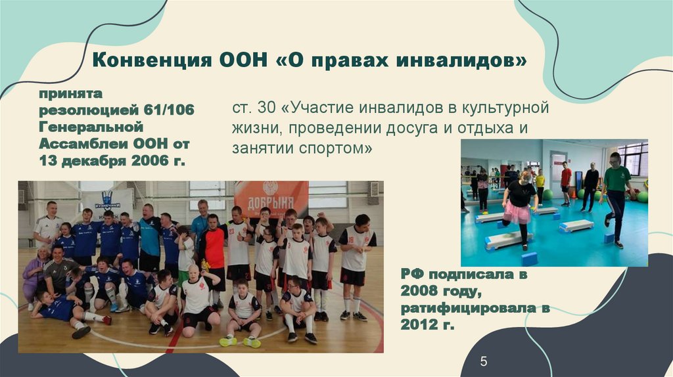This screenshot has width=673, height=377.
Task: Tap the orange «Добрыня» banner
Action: pyautogui.click(x=271, y=196)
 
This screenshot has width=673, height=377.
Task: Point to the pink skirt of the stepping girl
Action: pyautogui.click(x=518, y=213)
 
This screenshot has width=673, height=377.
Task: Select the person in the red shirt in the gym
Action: pyautogui.click(x=566, y=177)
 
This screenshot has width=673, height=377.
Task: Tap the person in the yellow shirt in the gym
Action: pyautogui.click(x=540, y=179)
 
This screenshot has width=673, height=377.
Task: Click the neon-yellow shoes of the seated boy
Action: pyautogui.click(x=240, y=342)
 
